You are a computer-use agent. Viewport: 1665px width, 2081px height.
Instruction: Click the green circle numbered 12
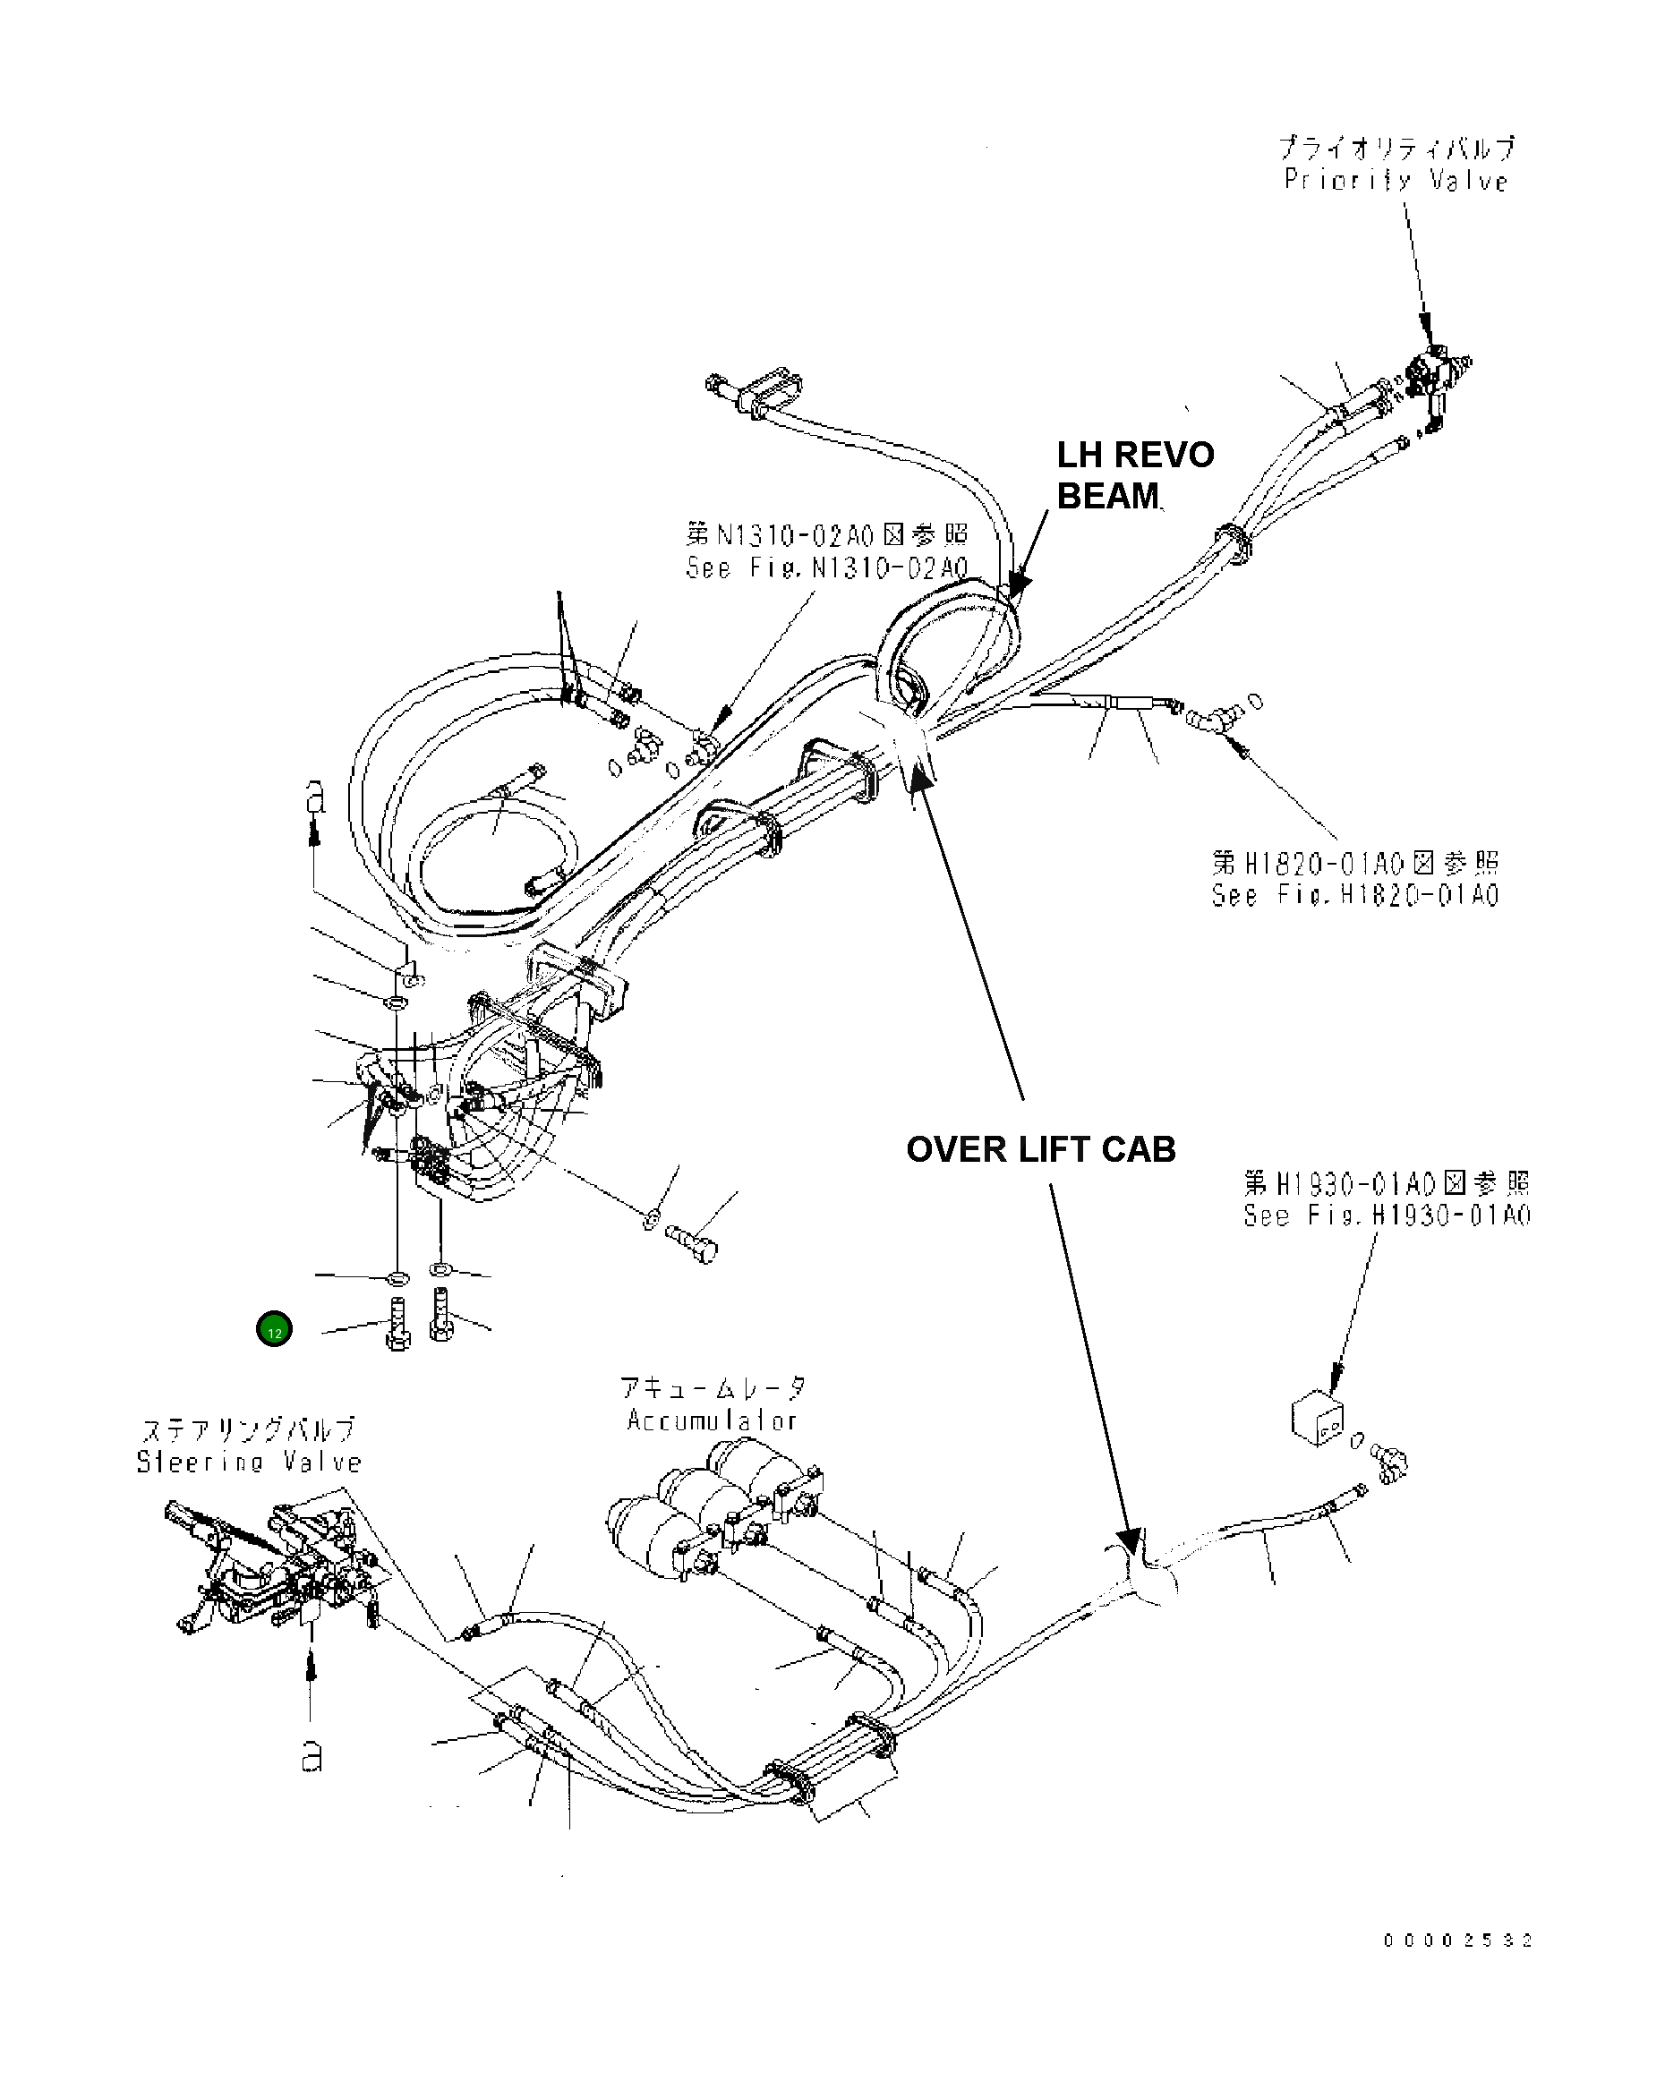point(274,1329)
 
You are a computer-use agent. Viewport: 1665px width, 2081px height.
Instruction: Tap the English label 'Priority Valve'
point(1396,181)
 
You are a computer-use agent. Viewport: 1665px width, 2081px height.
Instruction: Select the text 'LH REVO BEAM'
point(1134,475)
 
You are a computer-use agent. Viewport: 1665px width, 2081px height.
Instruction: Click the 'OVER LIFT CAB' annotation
point(1040,1149)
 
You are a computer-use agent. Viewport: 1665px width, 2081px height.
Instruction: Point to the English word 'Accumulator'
point(712,1420)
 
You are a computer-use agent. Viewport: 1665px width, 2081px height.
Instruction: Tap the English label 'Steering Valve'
point(249,1463)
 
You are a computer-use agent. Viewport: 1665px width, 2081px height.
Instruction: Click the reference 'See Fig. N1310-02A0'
point(826,567)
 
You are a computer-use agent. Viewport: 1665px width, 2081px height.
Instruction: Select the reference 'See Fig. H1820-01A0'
point(1355,895)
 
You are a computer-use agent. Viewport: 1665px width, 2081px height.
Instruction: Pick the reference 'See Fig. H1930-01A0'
point(1386,1215)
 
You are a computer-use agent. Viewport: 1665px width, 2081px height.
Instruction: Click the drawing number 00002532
point(1456,1940)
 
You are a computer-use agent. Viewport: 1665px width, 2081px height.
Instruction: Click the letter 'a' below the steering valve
point(311,1757)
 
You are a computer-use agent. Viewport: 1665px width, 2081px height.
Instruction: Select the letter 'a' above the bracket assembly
point(315,797)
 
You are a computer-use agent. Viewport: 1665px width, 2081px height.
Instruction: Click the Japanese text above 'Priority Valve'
point(1396,149)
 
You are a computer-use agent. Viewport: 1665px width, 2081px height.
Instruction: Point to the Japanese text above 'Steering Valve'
point(249,1429)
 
